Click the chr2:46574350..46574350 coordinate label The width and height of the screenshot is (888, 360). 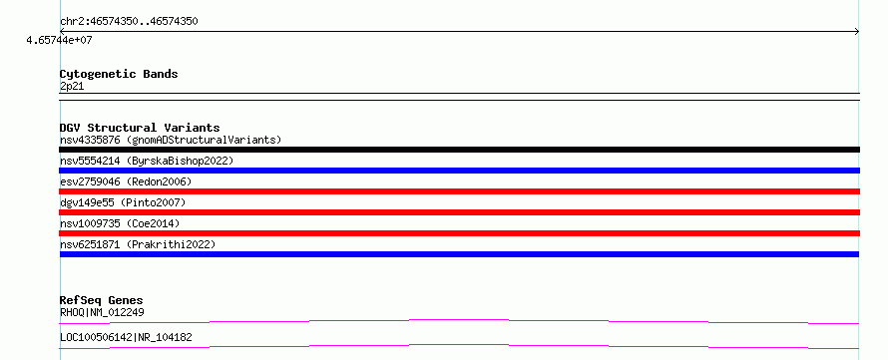pyautogui.click(x=129, y=22)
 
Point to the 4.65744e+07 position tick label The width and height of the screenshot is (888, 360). pyautogui.click(x=59, y=40)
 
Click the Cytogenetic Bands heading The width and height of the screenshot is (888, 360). pyautogui.click(x=119, y=74)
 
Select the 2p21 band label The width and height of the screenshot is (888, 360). pyautogui.click(x=72, y=87)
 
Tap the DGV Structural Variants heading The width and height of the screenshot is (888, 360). pyautogui.click(x=140, y=128)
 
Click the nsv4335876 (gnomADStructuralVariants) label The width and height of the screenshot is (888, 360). pyautogui.click(x=171, y=140)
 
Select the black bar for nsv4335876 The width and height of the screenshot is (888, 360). pyautogui.click(x=459, y=150)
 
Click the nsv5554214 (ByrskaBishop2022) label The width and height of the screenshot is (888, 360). pyautogui.click(x=147, y=161)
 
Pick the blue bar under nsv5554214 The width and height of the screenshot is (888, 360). pyautogui.click(x=459, y=171)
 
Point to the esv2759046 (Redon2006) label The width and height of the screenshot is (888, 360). pyautogui.click(x=126, y=181)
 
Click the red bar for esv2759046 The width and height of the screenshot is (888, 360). pyautogui.click(x=459, y=191)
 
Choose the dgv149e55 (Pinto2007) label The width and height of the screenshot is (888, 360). pyautogui.click(x=123, y=202)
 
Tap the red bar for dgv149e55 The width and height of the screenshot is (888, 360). pyautogui.click(x=459, y=212)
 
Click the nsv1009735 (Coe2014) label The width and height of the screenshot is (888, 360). pyautogui.click(x=120, y=223)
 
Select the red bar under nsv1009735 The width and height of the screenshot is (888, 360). pyautogui.click(x=459, y=233)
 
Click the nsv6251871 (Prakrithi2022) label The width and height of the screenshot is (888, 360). pyautogui.click(x=138, y=244)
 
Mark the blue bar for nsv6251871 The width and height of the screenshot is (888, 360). pyautogui.click(x=459, y=254)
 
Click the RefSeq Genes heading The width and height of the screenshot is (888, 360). pyautogui.click(x=101, y=300)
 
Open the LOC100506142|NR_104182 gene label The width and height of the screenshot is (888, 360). pyautogui.click(x=126, y=338)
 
